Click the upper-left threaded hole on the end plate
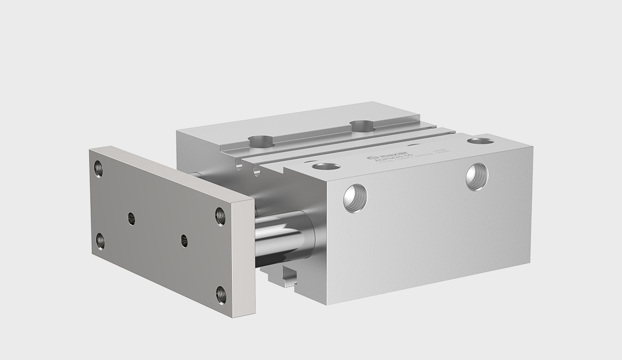[98, 168]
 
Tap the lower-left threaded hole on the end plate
[101, 240]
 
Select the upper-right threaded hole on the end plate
[220, 214]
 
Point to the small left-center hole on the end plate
[132, 219]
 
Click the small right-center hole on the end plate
[184, 240]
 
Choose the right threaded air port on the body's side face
[476, 176]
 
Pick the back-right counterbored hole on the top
[361, 125]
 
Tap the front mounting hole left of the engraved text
[326, 167]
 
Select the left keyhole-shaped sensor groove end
[238, 166]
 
